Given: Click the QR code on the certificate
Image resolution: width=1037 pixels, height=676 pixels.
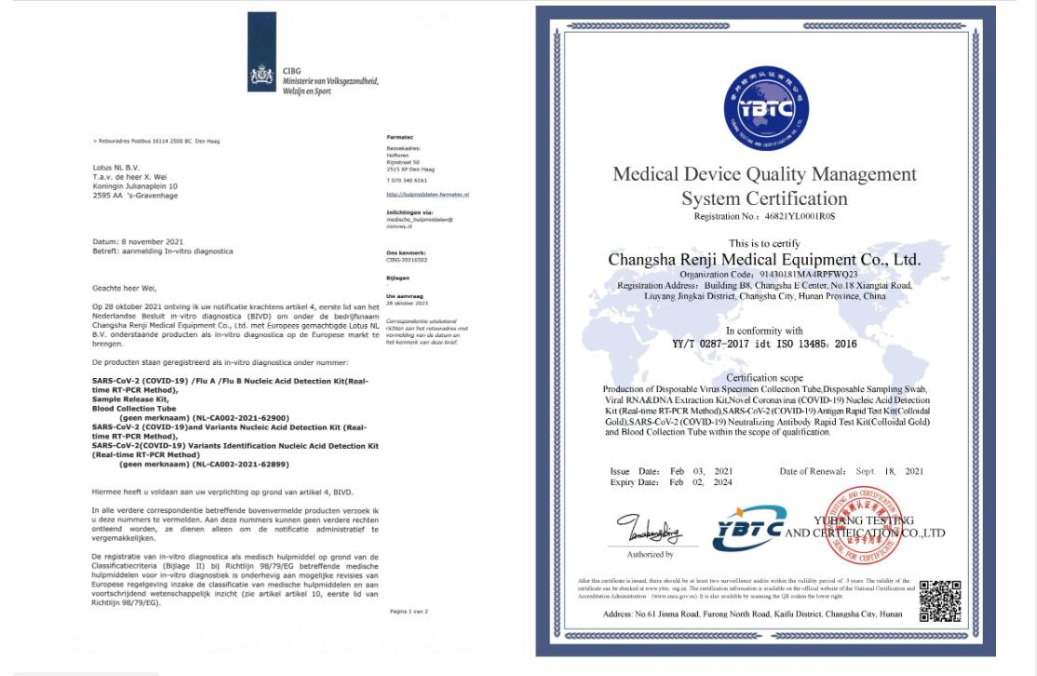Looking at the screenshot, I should click(939, 600).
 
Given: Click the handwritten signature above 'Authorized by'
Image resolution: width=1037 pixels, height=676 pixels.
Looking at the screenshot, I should click(649, 532).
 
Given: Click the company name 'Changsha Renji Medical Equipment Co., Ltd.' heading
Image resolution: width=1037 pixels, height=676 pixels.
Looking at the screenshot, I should click(763, 259).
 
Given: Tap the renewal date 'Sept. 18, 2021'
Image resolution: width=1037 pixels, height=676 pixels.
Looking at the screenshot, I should click(889, 471).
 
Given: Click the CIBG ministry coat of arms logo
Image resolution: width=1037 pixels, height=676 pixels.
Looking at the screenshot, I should click(263, 77).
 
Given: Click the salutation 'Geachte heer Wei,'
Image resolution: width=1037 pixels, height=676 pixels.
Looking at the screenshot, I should click(125, 289).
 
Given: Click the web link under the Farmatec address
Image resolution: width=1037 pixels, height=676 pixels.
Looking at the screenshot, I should click(427, 195).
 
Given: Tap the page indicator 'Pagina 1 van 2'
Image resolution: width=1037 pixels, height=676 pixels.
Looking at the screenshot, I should click(409, 612).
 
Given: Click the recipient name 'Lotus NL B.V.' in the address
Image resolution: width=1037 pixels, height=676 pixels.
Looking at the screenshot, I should click(115, 168).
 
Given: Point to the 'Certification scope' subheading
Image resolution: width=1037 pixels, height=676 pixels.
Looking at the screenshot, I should click(764, 377).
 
